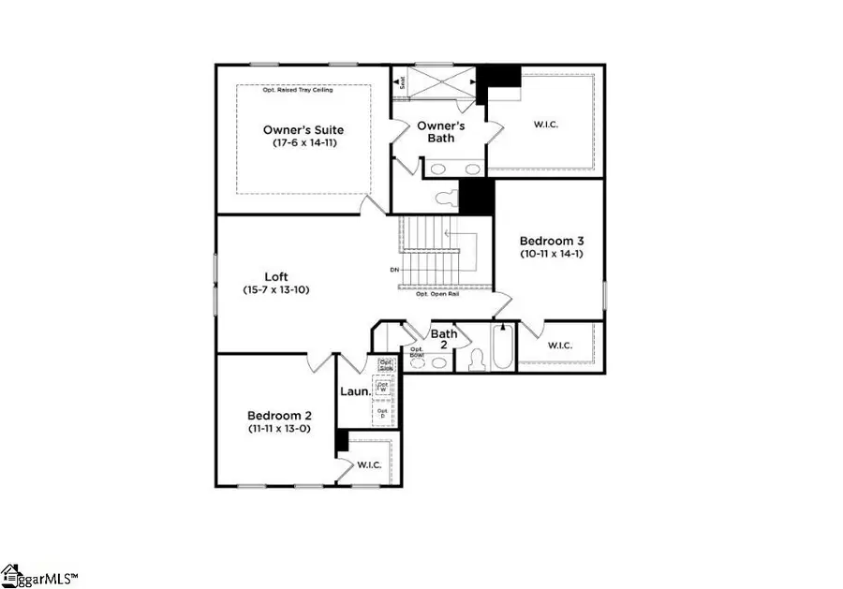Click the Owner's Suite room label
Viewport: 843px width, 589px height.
pos(303,130)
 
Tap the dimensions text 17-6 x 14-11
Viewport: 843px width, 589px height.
pos(303,144)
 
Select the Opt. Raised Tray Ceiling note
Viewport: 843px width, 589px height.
pos(302,90)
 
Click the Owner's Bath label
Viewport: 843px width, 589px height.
pos(436,131)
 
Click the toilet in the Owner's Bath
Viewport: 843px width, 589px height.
pos(448,198)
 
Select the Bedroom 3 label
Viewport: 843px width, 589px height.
pos(551,240)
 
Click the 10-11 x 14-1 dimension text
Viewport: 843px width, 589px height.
pos(551,253)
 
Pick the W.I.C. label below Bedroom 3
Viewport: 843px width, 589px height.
pos(559,346)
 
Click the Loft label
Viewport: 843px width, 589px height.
pos(275,276)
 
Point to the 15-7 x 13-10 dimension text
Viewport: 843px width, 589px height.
pos(275,290)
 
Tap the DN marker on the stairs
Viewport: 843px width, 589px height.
pos(394,271)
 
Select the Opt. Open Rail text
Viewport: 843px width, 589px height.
pos(436,294)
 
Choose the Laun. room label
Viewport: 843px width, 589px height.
pos(352,391)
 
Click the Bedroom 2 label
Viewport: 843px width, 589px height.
pos(279,415)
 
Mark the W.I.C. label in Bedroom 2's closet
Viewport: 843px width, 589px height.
pos(367,464)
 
